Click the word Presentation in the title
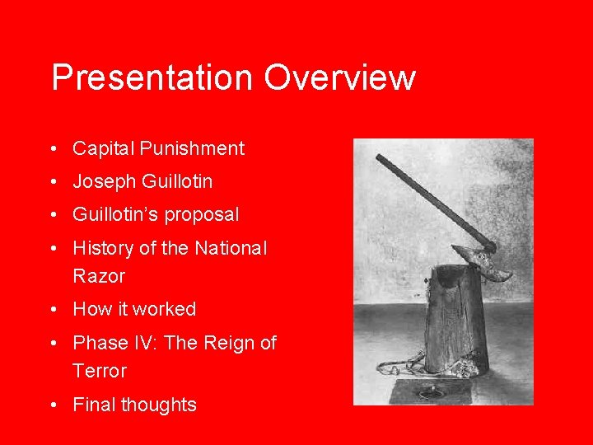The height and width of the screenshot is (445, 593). click(x=152, y=78)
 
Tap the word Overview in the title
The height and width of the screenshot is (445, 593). click(x=340, y=78)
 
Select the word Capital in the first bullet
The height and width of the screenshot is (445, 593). click(x=103, y=149)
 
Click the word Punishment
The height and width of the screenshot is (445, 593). click(x=192, y=149)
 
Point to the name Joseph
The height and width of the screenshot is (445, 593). click(x=105, y=181)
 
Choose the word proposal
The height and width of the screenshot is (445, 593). click(x=201, y=215)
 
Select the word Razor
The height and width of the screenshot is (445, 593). click(x=99, y=276)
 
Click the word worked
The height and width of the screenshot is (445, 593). click(x=165, y=310)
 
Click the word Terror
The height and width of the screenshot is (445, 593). click(x=100, y=371)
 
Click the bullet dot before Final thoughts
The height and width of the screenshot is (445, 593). click(x=52, y=405)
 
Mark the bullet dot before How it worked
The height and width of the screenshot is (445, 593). click(x=52, y=311)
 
